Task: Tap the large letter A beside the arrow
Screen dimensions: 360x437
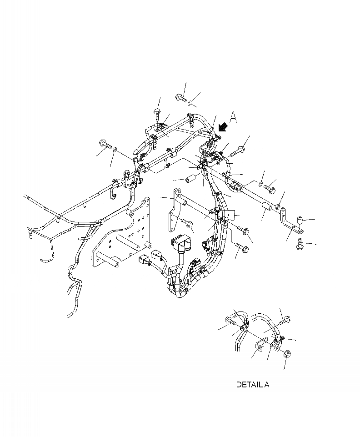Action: point(233,117)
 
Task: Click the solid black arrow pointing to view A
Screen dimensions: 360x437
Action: point(223,128)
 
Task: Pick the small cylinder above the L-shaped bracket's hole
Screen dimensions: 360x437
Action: point(300,220)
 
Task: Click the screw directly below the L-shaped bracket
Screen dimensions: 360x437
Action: point(300,244)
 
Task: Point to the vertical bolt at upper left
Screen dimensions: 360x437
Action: point(157,115)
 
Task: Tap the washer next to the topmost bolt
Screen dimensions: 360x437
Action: point(190,104)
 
